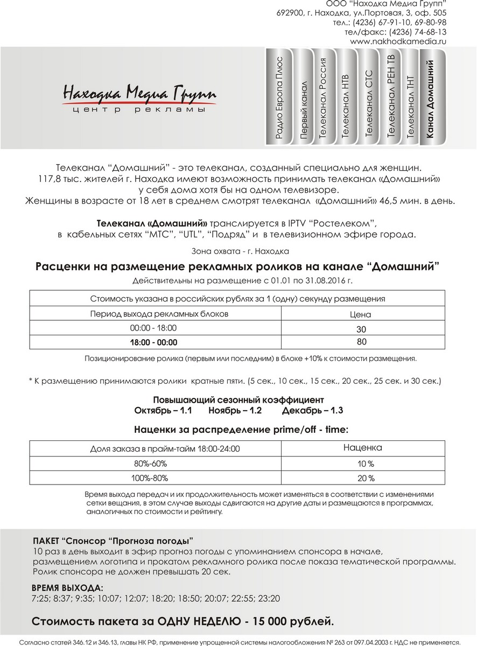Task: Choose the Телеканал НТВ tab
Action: coord(346,102)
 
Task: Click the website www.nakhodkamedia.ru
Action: coord(398,41)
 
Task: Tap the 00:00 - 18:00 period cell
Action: coord(153,328)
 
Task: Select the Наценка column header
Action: coord(362,447)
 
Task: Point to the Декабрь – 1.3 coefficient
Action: coord(312,410)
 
